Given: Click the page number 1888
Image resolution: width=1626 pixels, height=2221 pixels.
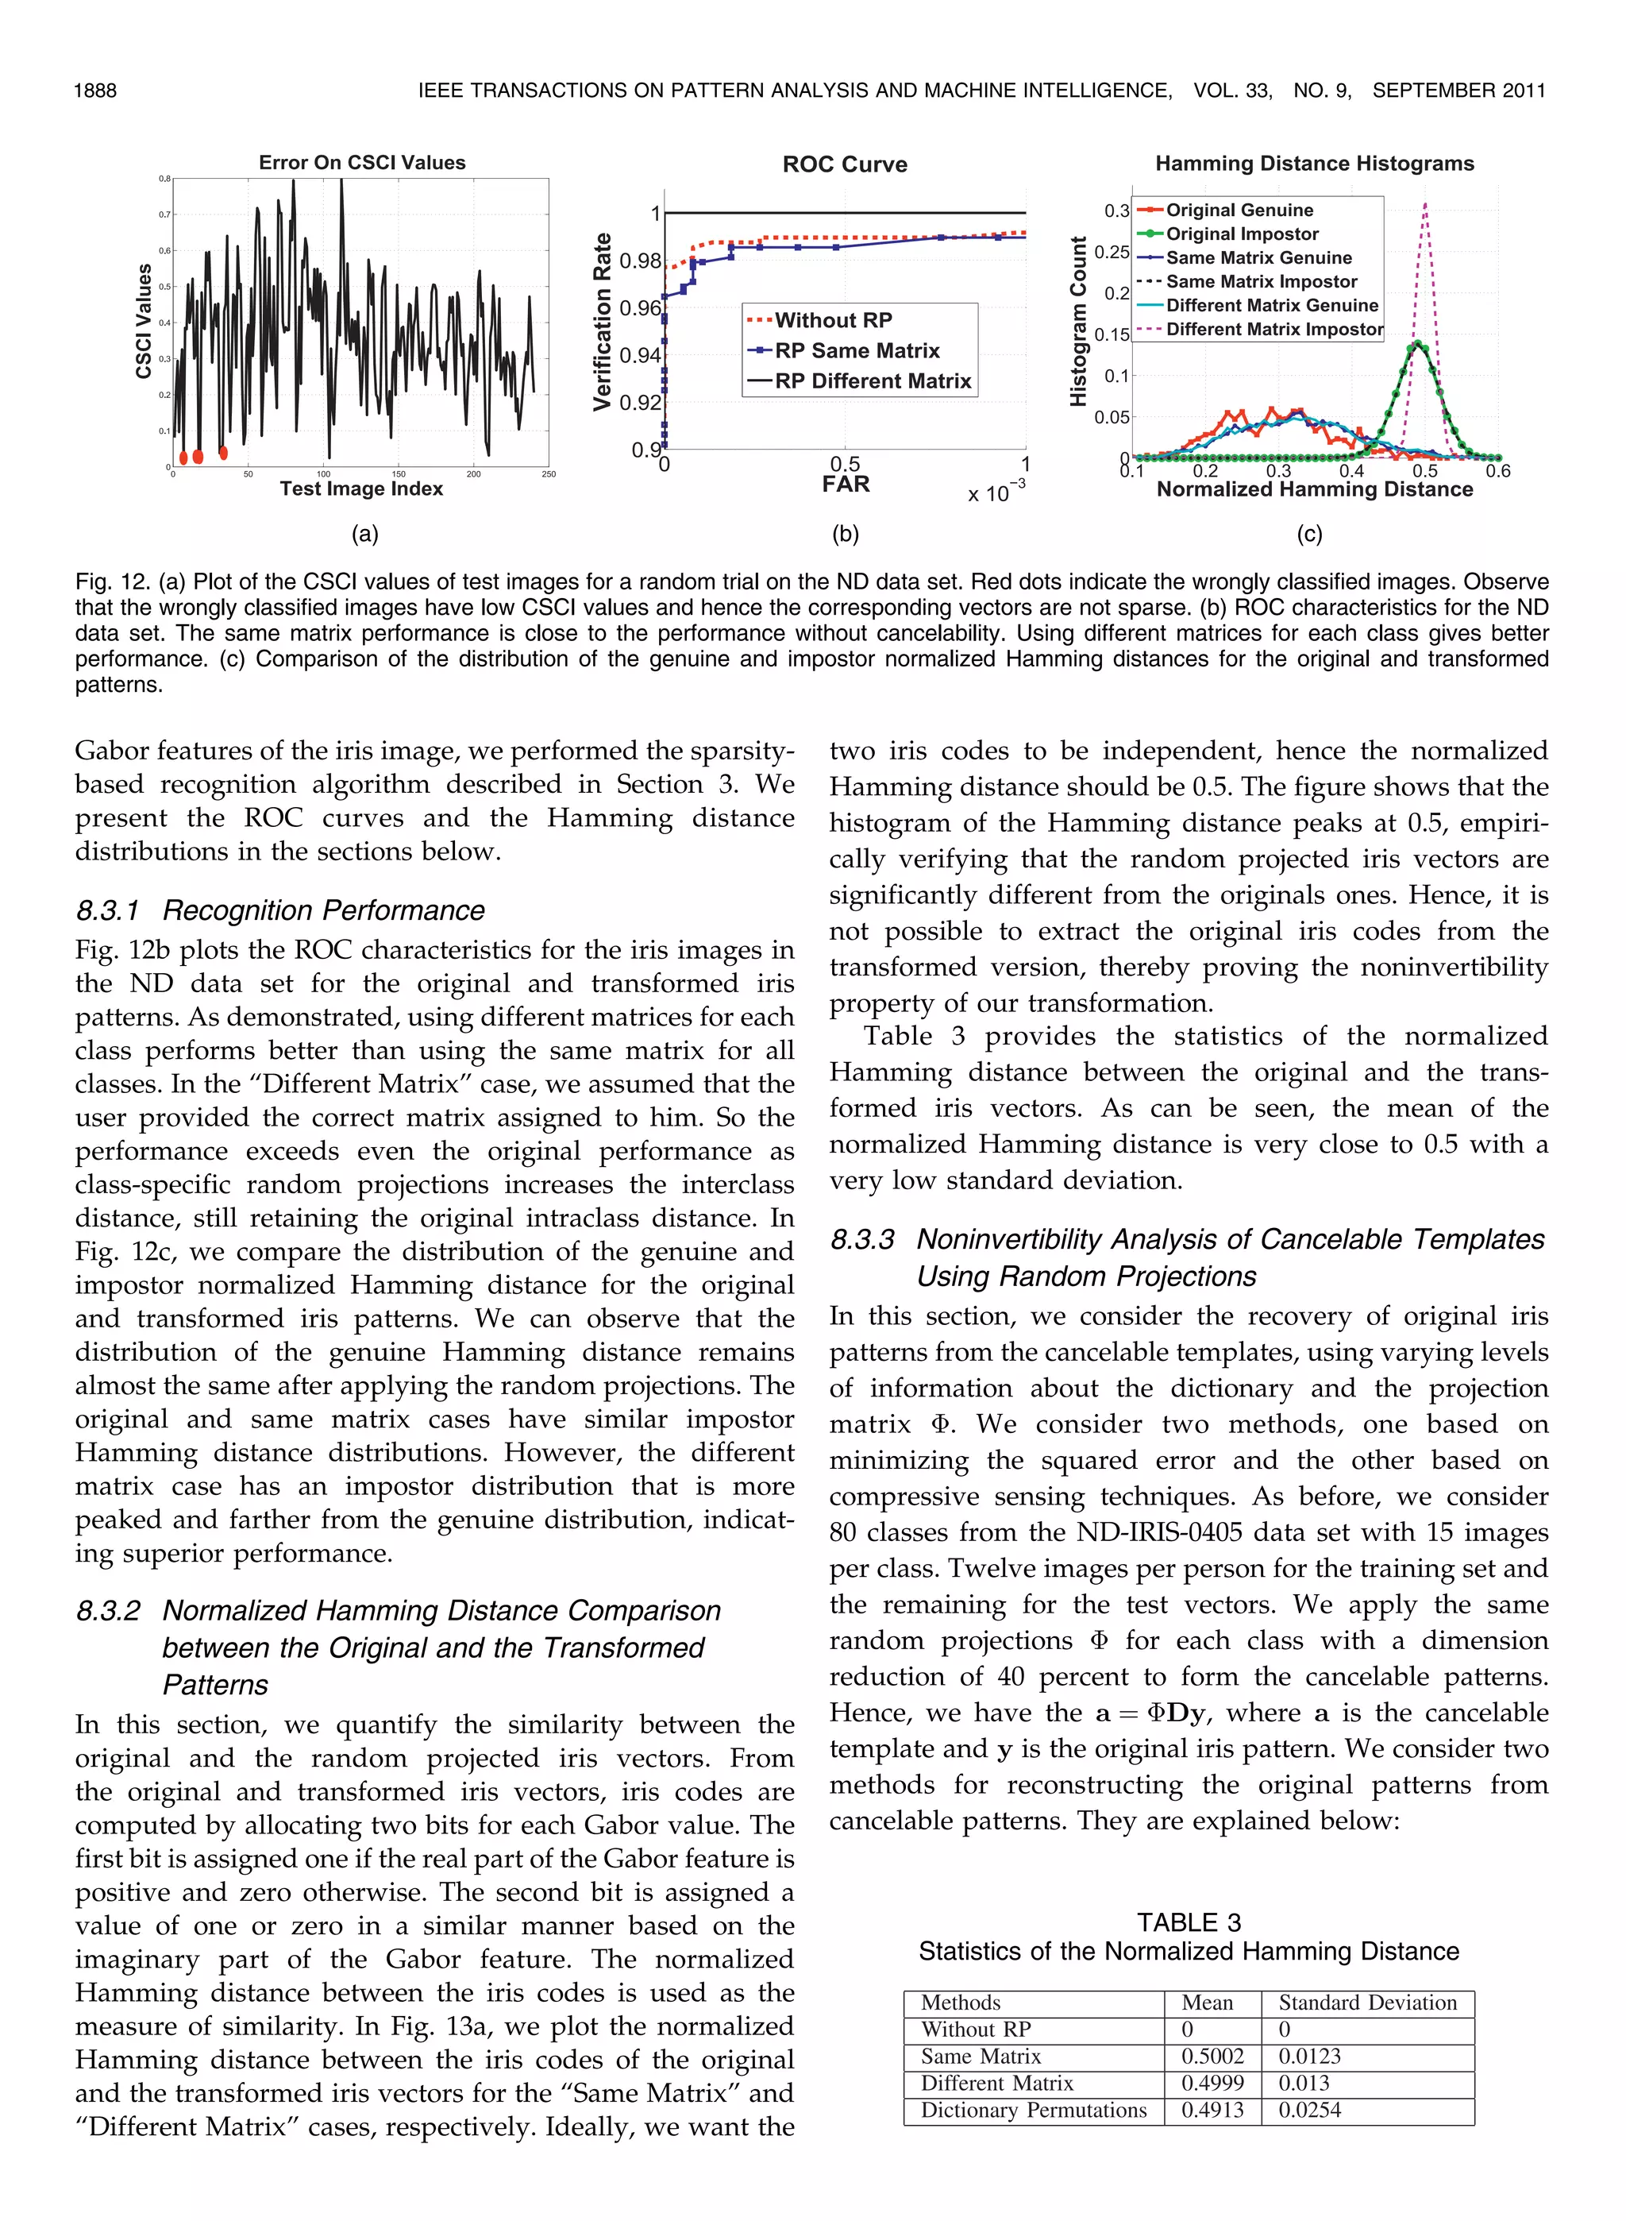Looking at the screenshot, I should (x=95, y=91).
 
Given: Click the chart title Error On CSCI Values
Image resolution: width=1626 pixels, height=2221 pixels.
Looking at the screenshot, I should (x=361, y=162).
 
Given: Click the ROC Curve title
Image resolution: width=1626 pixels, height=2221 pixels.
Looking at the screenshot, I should (x=845, y=164).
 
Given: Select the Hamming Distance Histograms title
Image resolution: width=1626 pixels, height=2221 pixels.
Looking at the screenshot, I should (x=1314, y=164).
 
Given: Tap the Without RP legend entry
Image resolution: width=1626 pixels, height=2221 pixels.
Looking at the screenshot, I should (x=833, y=320).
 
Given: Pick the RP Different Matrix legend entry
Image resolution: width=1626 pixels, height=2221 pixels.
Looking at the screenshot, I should (x=872, y=381).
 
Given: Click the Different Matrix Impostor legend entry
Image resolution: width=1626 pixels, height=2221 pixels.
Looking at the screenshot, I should (x=1273, y=330).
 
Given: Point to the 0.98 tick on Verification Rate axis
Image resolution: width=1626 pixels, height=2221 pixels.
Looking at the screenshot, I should (x=640, y=261).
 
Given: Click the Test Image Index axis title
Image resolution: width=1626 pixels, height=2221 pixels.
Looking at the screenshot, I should (x=361, y=489).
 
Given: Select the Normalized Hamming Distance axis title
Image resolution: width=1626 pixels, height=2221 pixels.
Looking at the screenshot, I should (x=1314, y=489).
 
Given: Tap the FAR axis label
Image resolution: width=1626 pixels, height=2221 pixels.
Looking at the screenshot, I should (x=846, y=485).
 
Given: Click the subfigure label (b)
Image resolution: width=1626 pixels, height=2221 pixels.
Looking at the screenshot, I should (x=846, y=534).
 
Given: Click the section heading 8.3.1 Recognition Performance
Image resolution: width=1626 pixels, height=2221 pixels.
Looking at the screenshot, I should (x=280, y=910).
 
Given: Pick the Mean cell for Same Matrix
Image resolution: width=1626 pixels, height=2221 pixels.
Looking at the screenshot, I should (x=1212, y=2056).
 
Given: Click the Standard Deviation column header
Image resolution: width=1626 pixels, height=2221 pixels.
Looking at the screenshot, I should (x=1367, y=2003).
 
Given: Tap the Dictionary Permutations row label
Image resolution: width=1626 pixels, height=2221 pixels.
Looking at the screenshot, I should (x=1034, y=2110).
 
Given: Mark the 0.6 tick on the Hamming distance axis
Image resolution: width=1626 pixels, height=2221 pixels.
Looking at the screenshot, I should (x=1497, y=472).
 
